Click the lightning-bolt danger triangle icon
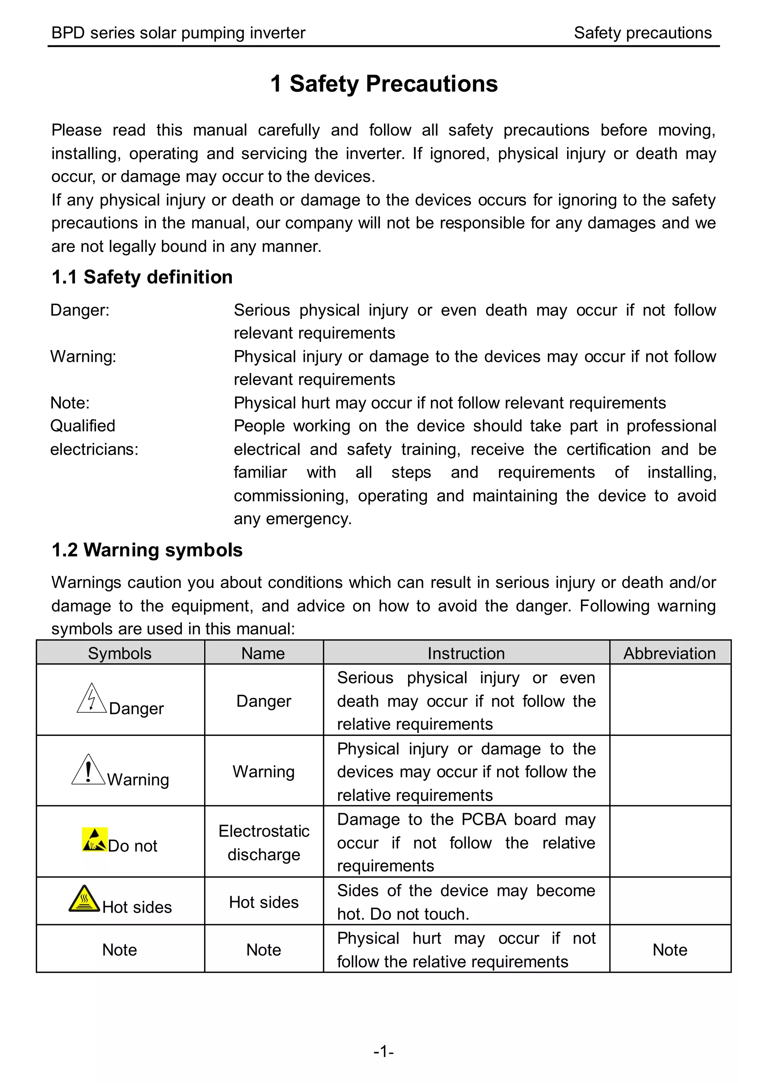point(91,699)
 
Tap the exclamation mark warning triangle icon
point(88,770)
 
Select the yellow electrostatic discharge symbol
point(94,839)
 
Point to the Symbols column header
point(120,653)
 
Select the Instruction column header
point(466,653)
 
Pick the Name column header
point(263,653)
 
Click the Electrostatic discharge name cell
point(264,843)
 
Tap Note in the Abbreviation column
point(670,949)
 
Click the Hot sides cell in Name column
point(264,902)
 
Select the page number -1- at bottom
point(384,1051)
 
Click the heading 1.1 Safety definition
point(142,277)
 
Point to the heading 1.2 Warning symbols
point(147,550)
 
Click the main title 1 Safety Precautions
point(384,84)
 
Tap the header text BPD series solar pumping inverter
point(178,33)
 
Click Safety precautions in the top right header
point(642,33)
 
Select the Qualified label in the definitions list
point(83,426)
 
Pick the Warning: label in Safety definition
point(83,356)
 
